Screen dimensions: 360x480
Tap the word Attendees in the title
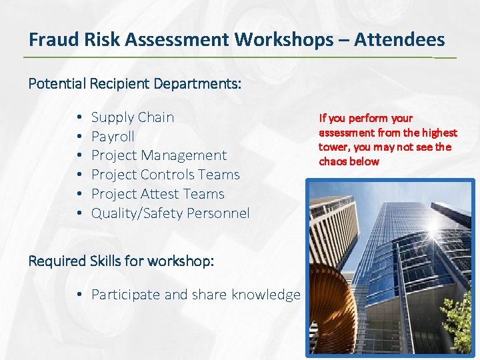(399, 40)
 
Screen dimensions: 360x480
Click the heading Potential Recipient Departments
(135, 85)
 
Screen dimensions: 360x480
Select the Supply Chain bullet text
(132, 117)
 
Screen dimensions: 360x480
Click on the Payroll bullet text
(113, 137)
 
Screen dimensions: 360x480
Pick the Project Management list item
(159, 155)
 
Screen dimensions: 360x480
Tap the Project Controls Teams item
(165, 175)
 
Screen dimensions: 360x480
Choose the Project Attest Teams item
(157, 194)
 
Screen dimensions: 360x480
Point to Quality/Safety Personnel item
(170, 213)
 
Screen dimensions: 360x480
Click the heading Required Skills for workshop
(121, 261)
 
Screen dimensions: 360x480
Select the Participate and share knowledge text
(195, 295)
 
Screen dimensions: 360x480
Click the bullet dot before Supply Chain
(79, 118)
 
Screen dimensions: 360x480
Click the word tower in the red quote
(333, 147)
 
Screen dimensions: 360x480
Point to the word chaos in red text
(333, 162)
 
